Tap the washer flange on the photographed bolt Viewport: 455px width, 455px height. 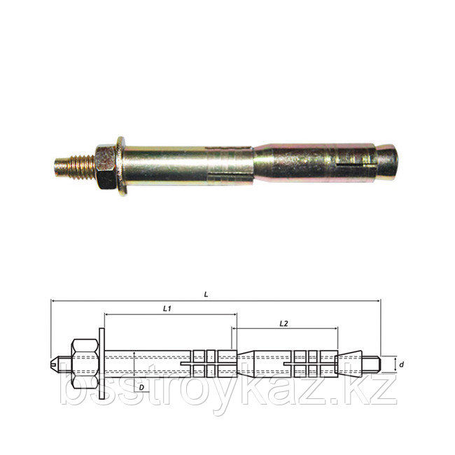click(x=122, y=167)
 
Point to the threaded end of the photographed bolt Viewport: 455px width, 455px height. click(x=75, y=168)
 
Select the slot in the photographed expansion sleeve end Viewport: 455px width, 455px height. click(x=351, y=166)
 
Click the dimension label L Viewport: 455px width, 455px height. click(x=206, y=295)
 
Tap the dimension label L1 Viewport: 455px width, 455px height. click(x=167, y=309)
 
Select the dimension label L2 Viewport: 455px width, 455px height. click(x=283, y=323)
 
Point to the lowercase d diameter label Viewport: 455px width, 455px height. click(x=401, y=365)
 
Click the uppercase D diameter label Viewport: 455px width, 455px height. click(x=141, y=387)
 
